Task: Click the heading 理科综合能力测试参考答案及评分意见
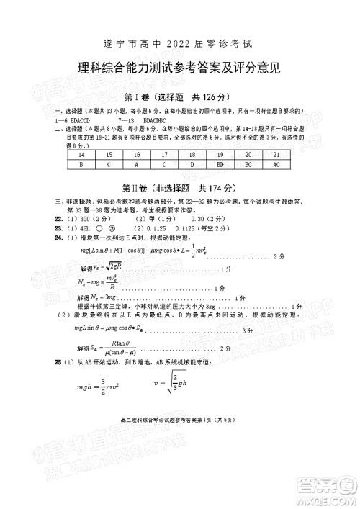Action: pyautogui.click(x=180, y=69)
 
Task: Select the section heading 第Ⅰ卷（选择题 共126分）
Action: pyautogui.click(x=181, y=97)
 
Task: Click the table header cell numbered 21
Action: pyautogui.click(x=276, y=155)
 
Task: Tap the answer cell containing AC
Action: pyautogui.click(x=276, y=164)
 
